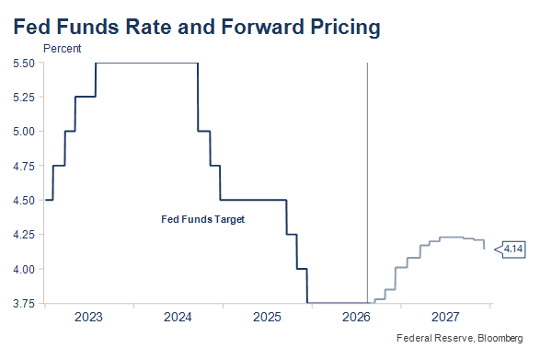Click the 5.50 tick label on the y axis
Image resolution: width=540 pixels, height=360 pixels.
pyautogui.click(x=24, y=64)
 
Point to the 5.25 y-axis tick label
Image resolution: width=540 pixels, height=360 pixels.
pyautogui.click(x=24, y=98)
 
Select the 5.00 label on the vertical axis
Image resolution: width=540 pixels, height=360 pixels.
pyautogui.click(x=24, y=132)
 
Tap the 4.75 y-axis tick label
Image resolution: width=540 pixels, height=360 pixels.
pyautogui.click(x=24, y=167)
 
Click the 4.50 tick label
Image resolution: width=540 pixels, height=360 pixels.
pyautogui.click(x=24, y=201)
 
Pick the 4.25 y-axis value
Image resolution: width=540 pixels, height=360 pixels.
pyautogui.click(x=24, y=235)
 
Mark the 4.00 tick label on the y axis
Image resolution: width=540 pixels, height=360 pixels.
pyautogui.click(x=24, y=270)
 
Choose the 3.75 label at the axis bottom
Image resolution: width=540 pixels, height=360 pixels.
pyautogui.click(x=24, y=304)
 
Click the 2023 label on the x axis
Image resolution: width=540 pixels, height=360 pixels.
pyautogui.click(x=88, y=317)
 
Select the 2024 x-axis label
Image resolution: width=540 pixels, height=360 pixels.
pyautogui.click(x=178, y=317)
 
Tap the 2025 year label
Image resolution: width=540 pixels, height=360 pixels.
pyautogui.click(x=267, y=317)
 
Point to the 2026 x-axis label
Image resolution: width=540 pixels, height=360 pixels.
pyautogui.click(x=356, y=317)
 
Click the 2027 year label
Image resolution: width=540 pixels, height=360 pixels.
pyautogui.click(x=445, y=317)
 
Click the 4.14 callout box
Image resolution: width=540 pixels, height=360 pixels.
pyautogui.click(x=513, y=249)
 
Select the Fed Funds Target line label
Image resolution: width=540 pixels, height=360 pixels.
pyautogui.click(x=202, y=219)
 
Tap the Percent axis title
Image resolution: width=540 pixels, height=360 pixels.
pyautogui.click(x=63, y=49)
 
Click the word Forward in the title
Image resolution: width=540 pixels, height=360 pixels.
pyautogui.click(x=263, y=27)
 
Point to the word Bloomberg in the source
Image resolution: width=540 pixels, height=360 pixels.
pyautogui.click(x=500, y=338)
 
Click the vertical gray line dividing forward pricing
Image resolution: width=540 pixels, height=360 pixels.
pyautogui.click(x=367, y=182)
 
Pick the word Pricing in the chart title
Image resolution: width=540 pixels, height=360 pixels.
pyautogui.click(x=345, y=28)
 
